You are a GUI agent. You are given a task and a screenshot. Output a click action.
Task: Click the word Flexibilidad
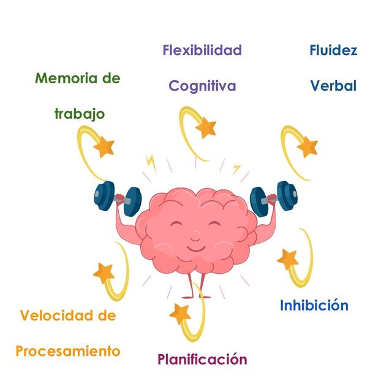(202, 50)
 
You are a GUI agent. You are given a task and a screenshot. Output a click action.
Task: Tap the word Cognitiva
(202, 86)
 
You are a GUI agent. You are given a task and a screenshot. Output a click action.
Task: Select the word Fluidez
(333, 50)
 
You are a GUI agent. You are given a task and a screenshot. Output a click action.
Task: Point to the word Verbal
(333, 86)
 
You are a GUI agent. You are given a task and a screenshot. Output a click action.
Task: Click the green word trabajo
(80, 115)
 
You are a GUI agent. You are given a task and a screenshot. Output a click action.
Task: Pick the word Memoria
(66, 78)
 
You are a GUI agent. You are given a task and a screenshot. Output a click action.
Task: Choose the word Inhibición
(314, 305)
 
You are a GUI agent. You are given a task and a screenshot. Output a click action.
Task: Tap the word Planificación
(202, 360)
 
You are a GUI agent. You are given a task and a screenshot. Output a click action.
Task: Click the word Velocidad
(56, 315)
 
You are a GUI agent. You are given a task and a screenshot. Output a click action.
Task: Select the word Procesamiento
(68, 351)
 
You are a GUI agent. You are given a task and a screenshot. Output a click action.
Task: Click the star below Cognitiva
(206, 127)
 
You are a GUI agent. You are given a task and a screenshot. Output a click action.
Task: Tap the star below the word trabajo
(104, 147)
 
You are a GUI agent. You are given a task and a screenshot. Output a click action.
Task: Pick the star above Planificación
(179, 314)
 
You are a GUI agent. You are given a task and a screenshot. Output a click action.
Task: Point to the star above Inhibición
(288, 260)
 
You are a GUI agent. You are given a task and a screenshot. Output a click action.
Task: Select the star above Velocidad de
(104, 273)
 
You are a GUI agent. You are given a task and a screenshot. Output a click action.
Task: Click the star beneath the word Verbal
(307, 147)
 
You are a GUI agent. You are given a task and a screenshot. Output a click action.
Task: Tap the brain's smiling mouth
(196, 249)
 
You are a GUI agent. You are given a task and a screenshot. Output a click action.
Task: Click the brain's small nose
(195, 236)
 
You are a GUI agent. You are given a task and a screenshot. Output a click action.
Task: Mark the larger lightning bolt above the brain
(151, 164)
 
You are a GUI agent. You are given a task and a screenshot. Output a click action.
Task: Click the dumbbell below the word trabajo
(118, 198)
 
